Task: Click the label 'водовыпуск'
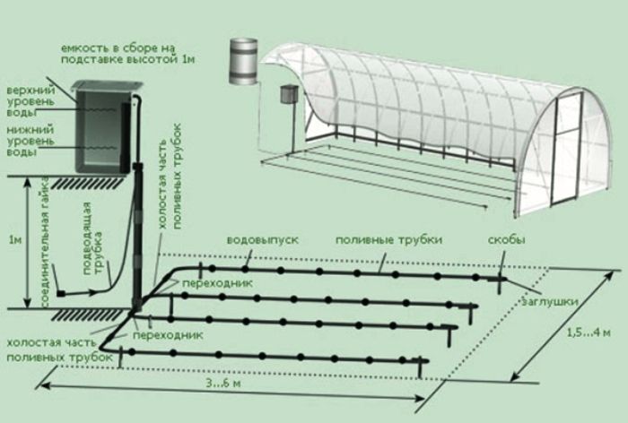click(263, 240)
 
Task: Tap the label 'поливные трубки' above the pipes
click(388, 240)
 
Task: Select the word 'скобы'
click(507, 240)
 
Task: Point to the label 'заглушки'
click(550, 301)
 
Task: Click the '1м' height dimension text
click(15, 239)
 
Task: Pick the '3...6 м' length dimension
click(223, 383)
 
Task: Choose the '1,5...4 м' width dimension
click(589, 332)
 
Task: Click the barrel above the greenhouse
click(243, 61)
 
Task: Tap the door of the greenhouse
click(566, 149)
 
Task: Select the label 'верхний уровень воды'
click(31, 101)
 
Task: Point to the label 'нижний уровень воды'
click(30, 141)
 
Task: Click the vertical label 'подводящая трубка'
click(92, 238)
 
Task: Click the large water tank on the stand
click(103, 129)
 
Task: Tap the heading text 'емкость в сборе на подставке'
click(127, 54)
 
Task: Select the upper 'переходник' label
click(217, 283)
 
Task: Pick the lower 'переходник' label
click(168, 334)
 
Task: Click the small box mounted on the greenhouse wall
click(288, 93)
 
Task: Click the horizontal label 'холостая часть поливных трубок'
click(60, 350)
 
